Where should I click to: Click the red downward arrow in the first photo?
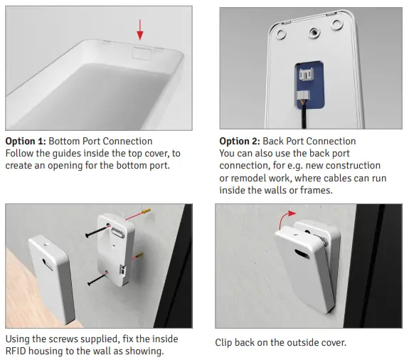point(139,29)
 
